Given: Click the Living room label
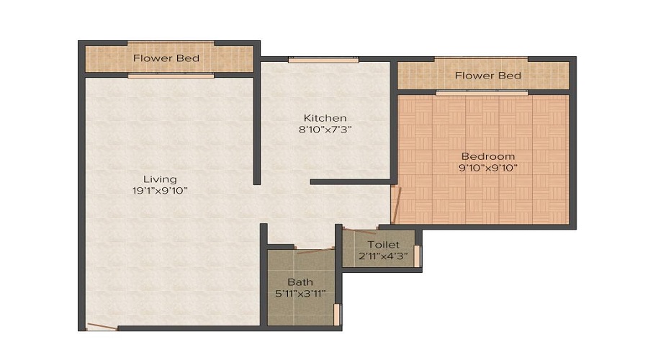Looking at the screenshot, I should tap(159, 179).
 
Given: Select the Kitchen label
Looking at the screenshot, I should tap(325, 118).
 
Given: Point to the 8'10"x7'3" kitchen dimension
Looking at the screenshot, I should tap(325, 130).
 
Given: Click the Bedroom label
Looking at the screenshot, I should tap(487, 156).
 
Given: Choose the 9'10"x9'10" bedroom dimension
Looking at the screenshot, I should tap(487, 168).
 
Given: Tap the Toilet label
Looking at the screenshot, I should tap(382, 245).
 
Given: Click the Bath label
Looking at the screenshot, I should tap(300, 282).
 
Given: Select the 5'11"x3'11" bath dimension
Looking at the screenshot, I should tap(300, 293).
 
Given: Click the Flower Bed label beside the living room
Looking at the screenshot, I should tap(166, 58).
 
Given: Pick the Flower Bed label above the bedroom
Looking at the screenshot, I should tap(488, 76).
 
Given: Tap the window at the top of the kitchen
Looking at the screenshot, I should tap(323, 60).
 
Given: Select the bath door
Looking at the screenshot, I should tap(315, 251).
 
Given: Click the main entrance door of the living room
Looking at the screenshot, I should tap(101, 328).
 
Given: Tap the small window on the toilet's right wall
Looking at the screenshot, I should tap(417, 256).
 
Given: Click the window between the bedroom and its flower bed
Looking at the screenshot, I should tap(481, 92).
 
